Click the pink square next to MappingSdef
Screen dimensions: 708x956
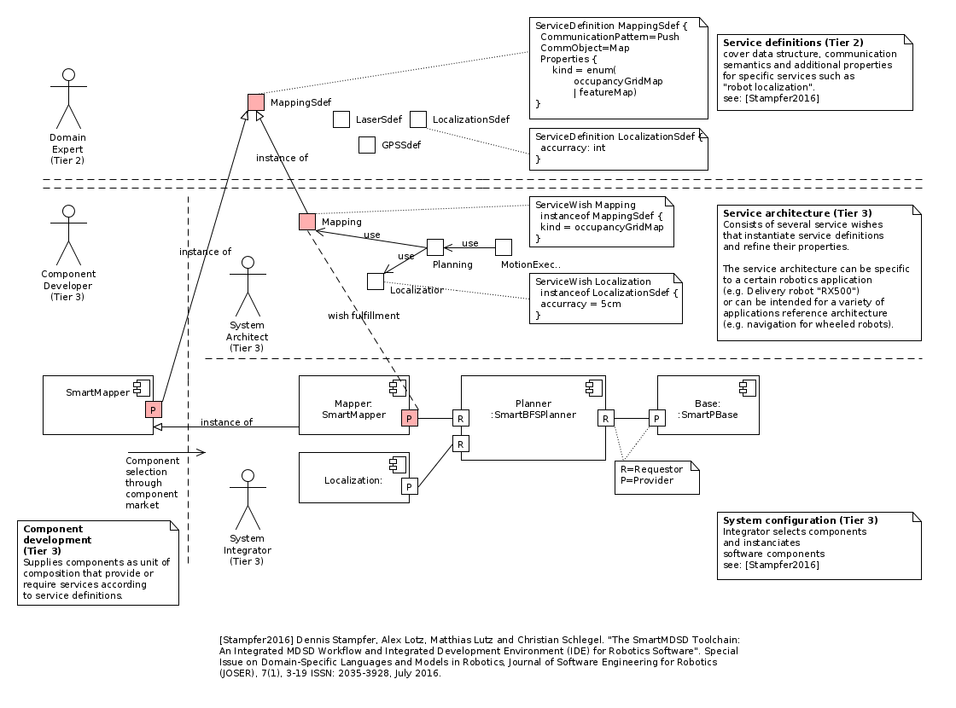tap(256, 102)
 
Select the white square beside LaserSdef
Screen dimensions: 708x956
tap(341, 119)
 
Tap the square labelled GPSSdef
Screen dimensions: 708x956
tap(367, 145)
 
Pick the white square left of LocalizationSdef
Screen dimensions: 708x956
tap(418, 119)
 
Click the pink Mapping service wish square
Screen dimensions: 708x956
tap(307, 222)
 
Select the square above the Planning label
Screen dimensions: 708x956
tap(435, 247)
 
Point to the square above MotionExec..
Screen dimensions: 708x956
tap(504, 247)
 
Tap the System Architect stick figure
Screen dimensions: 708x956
tap(248, 286)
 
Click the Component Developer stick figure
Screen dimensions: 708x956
tap(68, 235)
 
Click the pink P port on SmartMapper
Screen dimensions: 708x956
tap(154, 409)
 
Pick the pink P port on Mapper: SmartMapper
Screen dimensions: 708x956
tap(410, 418)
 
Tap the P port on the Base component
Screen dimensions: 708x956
tap(657, 418)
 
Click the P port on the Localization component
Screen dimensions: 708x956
tap(410, 486)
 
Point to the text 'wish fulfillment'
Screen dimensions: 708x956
tap(364, 316)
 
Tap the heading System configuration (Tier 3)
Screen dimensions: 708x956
tap(800, 519)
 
